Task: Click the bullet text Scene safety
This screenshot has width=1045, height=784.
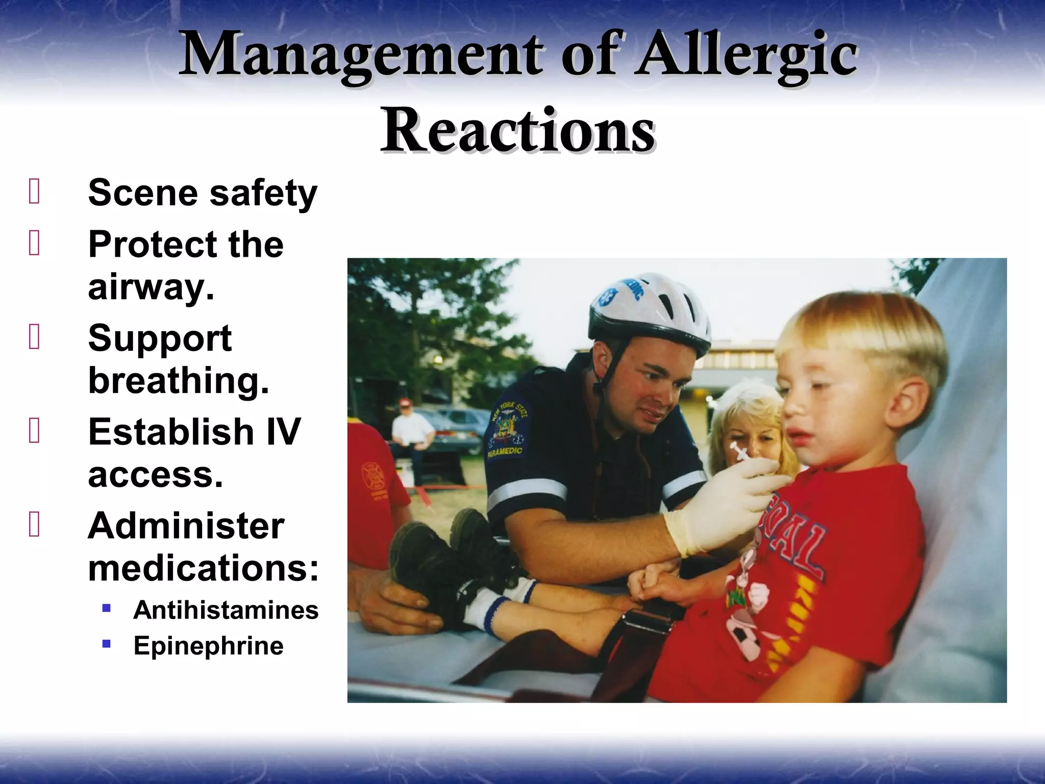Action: [x=203, y=193]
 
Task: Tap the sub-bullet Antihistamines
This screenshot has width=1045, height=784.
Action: [x=226, y=610]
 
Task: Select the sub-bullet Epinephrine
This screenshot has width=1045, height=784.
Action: [x=208, y=646]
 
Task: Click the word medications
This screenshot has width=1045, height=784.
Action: [x=203, y=568]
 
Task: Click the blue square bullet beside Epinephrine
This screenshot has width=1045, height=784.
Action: [x=107, y=644]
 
